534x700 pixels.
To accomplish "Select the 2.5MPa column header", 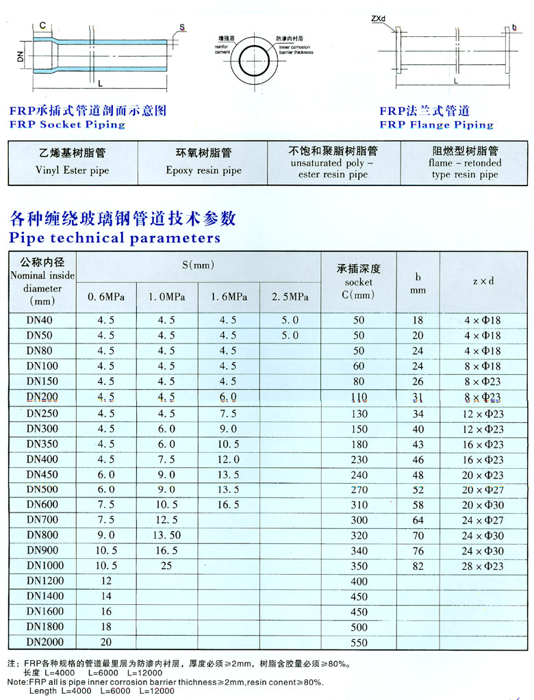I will [x=290, y=297].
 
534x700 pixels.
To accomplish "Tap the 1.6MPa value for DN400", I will [x=228, y=459].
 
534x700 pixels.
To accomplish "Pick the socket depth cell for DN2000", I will [x=359, y=643].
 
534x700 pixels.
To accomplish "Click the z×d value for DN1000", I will [x=483, y=566].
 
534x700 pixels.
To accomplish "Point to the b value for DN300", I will [x=418, y=429].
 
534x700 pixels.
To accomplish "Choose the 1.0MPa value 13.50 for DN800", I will [x=166, y=535].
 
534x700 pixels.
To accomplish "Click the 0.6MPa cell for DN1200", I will [x=105, y=581].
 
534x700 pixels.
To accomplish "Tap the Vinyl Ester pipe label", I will [x=73, y=170].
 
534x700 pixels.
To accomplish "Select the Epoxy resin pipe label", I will [x=203, y=170].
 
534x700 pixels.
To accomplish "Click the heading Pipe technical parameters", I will [x=114, y=238].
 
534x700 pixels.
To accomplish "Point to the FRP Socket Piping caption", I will [x=67, y=125].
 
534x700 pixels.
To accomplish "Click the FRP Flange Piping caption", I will [x=436, y=125].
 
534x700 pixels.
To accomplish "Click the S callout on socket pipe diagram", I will [x=182, y=27].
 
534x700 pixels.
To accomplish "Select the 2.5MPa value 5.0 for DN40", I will [x=290, y=320].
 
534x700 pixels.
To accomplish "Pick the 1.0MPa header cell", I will [x=166, y=297].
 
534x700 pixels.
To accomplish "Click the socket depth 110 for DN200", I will [x=359, y=398].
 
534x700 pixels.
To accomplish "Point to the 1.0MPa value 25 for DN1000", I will [x=166, y=566].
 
